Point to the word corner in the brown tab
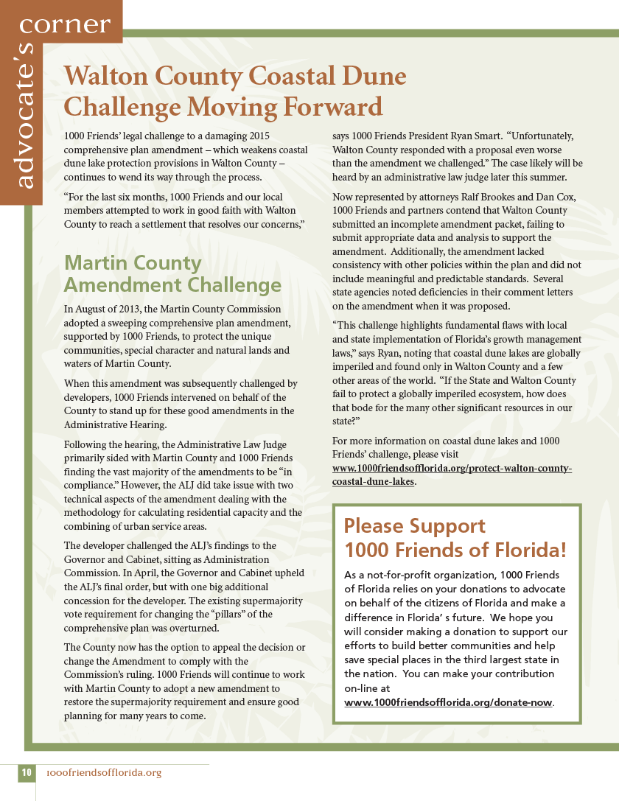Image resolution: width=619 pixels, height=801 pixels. tap(65, 24)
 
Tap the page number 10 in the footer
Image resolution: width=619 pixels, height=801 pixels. tap(27, 772)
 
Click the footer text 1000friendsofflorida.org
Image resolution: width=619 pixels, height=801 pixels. tap(103, 773)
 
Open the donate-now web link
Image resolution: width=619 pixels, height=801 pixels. tap(448, 702)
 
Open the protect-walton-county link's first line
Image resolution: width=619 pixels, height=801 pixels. tap(452, 469)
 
